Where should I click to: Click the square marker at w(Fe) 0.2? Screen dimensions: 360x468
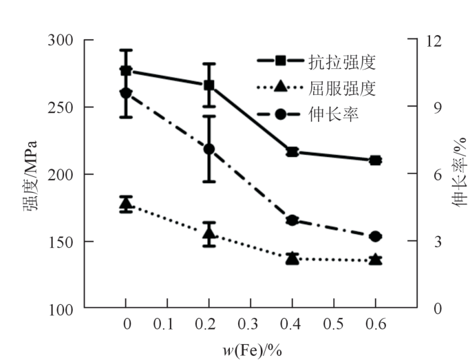(x=209, y=85)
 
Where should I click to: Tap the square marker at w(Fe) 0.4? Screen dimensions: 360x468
(x=292, y=151)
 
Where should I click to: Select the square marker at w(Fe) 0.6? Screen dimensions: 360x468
(x=375, y=160)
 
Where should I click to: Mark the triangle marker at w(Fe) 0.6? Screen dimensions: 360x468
(x=375, y=260)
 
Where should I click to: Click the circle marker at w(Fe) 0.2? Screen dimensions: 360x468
(x=209, y=149)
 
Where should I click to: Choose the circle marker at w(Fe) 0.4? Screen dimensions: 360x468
(x=292, y=220)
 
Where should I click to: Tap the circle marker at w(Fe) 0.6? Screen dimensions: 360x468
(x=375, y=237)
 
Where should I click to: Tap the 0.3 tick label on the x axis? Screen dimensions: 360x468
(x=250, y=324)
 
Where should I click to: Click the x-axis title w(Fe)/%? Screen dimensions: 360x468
(x=252, y=350)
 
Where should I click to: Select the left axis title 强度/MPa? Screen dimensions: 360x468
(x=31, y=176)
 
